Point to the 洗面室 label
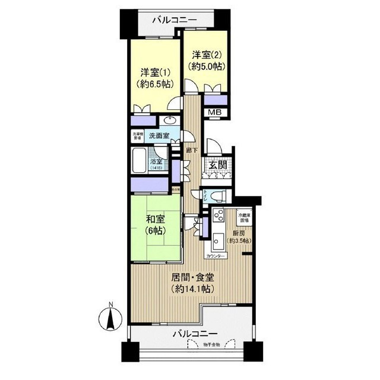pyautogui.click(x=159, y=136)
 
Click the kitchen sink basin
pyautogui.click(x=217, y=240)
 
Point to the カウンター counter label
pyautogui.click(x=214, y=256)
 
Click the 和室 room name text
pyautogui.click(x=155, y=217)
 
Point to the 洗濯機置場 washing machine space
pyautogui.click(x=137, y=135)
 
